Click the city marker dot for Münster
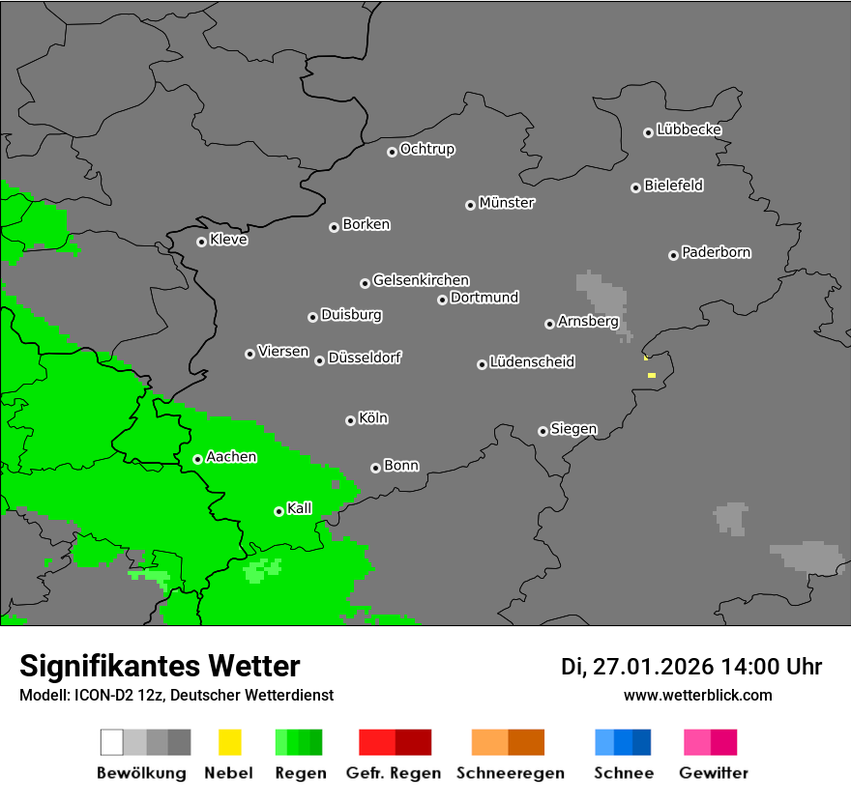(x=470, y=205)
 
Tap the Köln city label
(x=373, y=418)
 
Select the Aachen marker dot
(x=197, y=459)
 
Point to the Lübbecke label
(x=689, y=129)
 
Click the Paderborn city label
(x=716, y=252)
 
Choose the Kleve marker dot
(x=201, y=242)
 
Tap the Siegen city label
(x=573, y=429)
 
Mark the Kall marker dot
(x=279, y=511)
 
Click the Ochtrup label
(x=426, y=149)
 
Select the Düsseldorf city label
(x=365, y=358)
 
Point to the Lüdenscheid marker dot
(x=482, y=364)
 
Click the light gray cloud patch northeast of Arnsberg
(x=602, y=295)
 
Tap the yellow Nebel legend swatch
(x=229, y=742)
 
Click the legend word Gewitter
(x=713, y=773)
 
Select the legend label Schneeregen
(x=510, y=773)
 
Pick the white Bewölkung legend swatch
(x=111, y=742)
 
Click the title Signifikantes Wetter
(x=160, y=666)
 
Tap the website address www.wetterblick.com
(x=697, y=695)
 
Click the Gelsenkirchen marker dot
(x=365, y=283)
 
